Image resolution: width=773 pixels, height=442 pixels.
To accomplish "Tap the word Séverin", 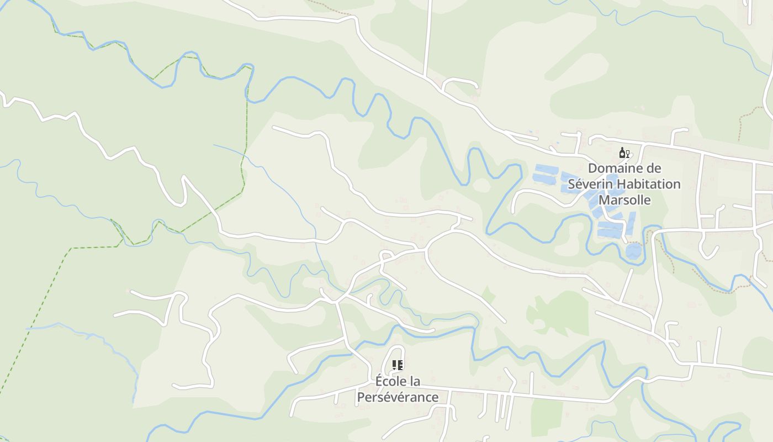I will [x=591, y=184].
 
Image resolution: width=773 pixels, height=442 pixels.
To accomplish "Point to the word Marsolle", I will [x=625, y=200].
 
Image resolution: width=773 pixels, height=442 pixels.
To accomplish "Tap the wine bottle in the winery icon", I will [x=622, y=153].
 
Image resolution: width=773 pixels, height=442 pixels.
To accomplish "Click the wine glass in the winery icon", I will [x=628, y=154].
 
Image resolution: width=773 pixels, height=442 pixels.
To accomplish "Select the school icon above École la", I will [x=398, y=365].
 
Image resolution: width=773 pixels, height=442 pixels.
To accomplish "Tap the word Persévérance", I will [x=398, y=397].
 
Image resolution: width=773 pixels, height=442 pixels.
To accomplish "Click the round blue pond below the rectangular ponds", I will [x=634, y=252].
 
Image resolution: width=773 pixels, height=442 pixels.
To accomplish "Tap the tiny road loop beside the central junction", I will [x=386, y=255].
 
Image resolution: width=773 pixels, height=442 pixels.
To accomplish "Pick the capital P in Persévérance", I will [x=361, y=397].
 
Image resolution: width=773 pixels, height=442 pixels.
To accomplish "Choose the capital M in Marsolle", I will [x=605, y=200].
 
